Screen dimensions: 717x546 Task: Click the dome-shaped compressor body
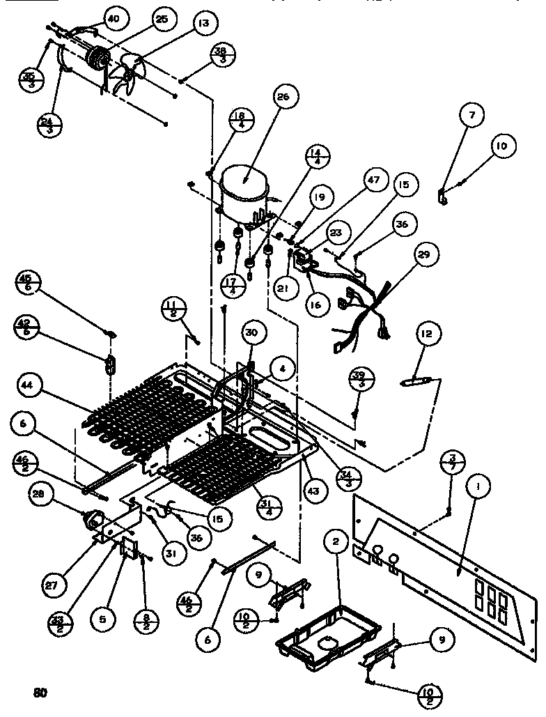(242, 186)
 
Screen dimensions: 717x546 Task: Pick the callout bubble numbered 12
(426, 334)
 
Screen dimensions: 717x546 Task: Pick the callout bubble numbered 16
(318, 305)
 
